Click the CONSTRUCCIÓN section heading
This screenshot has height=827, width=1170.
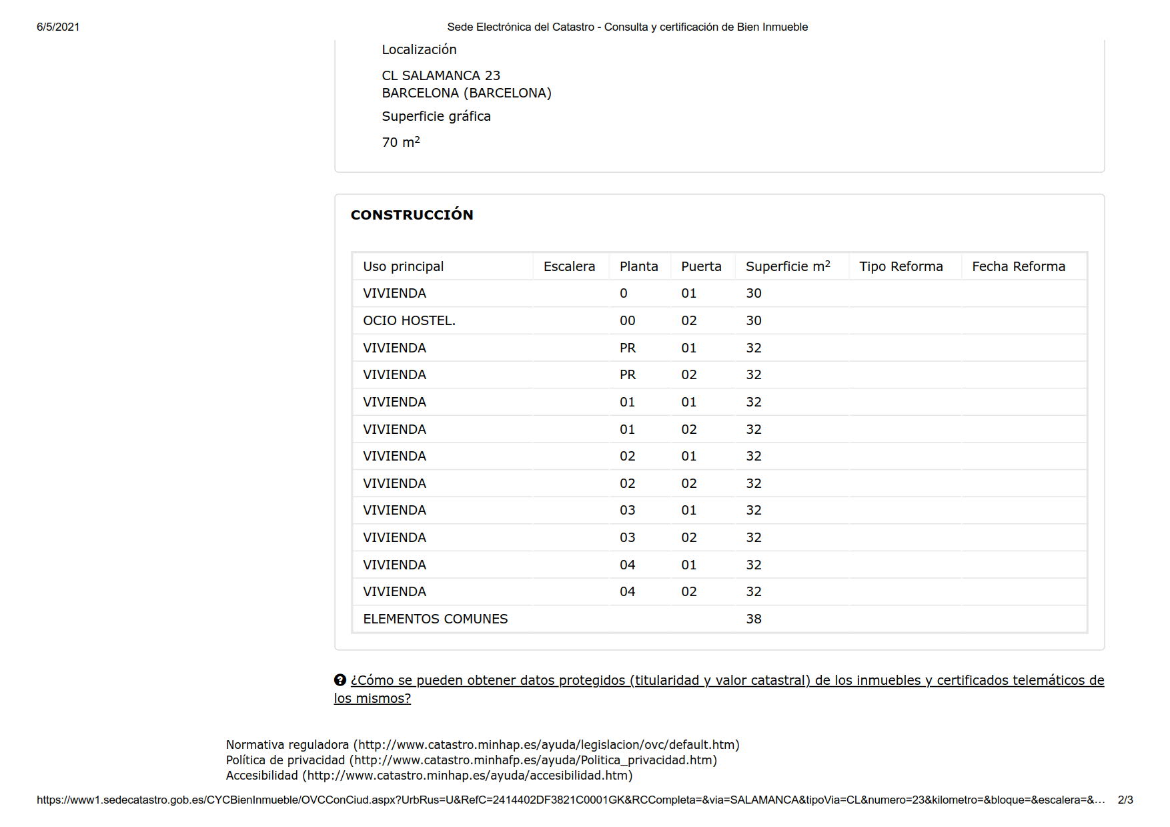click(x=412, y=215)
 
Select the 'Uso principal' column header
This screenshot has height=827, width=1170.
click(x=403, y=266)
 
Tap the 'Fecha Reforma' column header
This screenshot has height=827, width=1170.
click(x=1018, y=266)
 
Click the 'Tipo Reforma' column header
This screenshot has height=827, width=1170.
click(x=901, y=266)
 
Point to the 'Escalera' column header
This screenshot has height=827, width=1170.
click(x=569, y=266)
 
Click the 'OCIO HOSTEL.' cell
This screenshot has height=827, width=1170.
click(x=409, y=320)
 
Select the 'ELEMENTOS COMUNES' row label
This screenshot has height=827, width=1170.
click(x=435, y=619)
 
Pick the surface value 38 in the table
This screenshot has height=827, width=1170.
click(x=753, y=619)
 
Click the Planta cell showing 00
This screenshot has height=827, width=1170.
click(x=627, y=320)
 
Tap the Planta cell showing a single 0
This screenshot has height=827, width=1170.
click(x=623, y=293)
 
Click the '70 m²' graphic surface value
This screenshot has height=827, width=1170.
click(x=400, y=142)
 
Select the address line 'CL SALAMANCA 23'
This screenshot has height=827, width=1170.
click(x=440, y=75)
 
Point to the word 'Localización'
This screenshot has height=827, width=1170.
click(x=419, y=49)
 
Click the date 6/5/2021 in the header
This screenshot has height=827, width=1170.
click(x=58, y=27)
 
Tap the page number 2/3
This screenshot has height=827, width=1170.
click(x=1125, y=800)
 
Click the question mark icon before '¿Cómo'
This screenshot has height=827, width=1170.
click(x=340, y=680)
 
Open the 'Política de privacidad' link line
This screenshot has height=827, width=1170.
click(x=471, y=760)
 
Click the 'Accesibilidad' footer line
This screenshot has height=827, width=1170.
click(x=429, y=776)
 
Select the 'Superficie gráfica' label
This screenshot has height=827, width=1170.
click(x=436, y=116)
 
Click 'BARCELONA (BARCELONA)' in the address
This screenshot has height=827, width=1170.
click(x=466, y=93)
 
